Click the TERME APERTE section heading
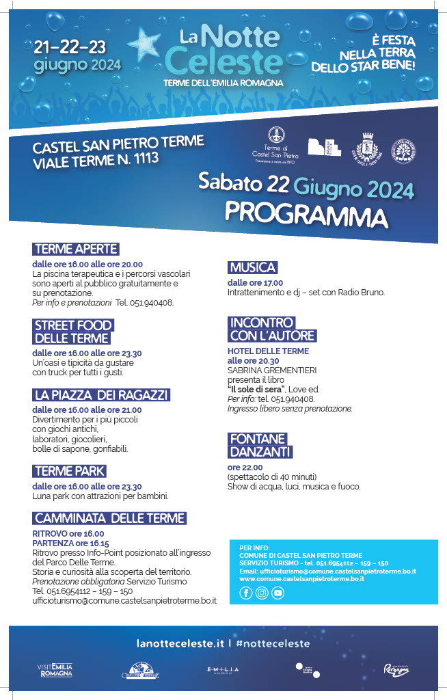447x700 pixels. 76,249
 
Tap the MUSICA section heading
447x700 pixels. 252,267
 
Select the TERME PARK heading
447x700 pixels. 70,471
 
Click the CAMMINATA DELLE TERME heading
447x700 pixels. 109,518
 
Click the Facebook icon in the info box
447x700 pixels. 246,593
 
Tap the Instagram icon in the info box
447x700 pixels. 262,593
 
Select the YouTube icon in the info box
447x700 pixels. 277,593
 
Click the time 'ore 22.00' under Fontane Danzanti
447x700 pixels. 245,468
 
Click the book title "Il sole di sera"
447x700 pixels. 257,389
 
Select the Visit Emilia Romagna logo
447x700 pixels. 55,670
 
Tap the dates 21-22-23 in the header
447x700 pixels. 70,47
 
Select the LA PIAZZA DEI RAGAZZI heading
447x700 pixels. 101,395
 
